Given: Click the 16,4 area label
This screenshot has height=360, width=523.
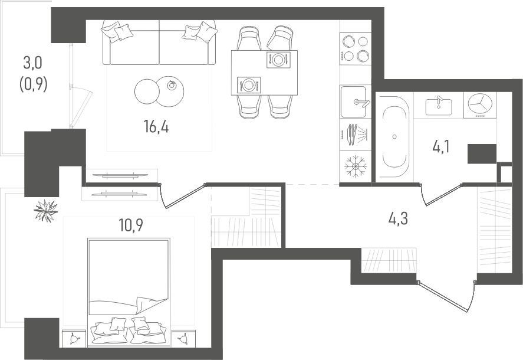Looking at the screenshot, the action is (156, 127).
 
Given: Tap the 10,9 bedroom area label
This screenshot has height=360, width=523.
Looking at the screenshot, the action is (131, 225).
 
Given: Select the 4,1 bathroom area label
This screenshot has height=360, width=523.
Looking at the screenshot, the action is (440, 146).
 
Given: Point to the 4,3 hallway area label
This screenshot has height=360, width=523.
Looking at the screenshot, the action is (398, 219).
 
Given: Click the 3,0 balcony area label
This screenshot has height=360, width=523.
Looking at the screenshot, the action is (32, 63).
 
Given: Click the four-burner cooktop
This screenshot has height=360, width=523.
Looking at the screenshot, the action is (356, 49).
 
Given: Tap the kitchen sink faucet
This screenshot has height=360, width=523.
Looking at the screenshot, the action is (362, 103).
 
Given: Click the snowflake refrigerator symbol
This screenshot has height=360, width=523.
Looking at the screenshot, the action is (356, 166).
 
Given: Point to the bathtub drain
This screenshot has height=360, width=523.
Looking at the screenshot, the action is (394, 136).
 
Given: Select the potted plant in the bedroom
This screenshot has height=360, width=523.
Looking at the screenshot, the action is (45, 210).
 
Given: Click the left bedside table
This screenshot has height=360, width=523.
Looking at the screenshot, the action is (74, 339).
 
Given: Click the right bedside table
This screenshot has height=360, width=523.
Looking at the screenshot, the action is (183, 339).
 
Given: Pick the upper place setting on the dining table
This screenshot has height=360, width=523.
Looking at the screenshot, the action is (278, 60).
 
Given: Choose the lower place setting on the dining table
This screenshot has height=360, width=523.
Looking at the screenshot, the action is (249, 85).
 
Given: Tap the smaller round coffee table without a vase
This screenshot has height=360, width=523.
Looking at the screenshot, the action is (147, 91).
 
